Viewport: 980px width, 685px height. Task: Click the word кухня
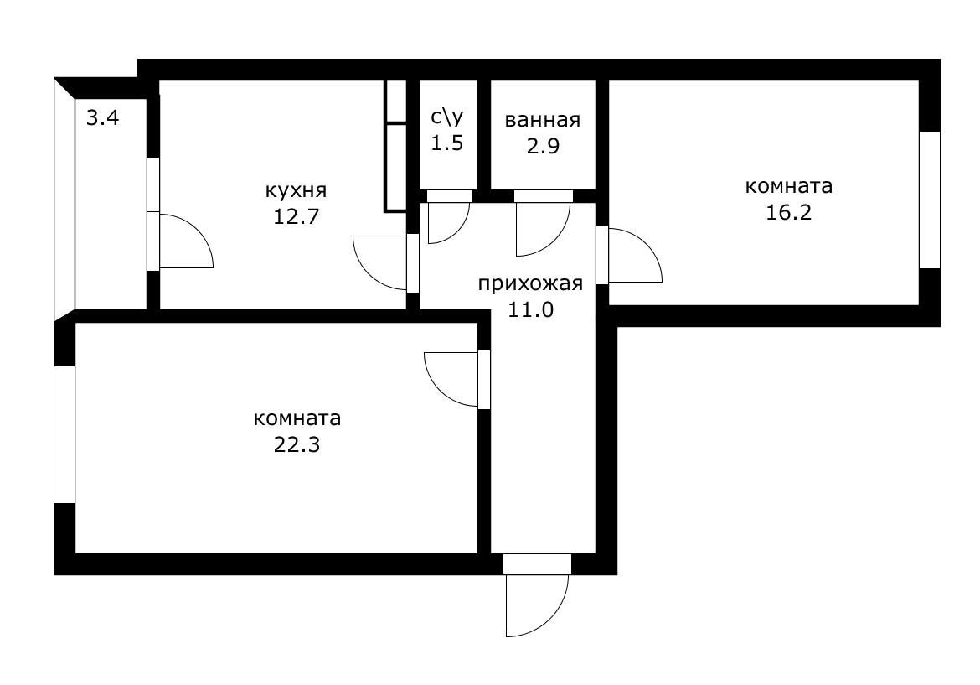click(295, 190)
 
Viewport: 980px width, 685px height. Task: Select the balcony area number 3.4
click(103, 117)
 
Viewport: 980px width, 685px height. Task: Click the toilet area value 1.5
click(446, 143)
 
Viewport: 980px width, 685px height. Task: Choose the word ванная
click(542, 120)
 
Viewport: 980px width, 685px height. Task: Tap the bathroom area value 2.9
click(542, 145)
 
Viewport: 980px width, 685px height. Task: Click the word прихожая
click(530, 283)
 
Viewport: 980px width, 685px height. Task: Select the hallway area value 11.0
click(530, 309)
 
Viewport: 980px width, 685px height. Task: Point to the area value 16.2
click(789, 211)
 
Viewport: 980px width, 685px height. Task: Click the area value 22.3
click(297, 444)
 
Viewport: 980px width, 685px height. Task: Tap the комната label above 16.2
click(789, 185)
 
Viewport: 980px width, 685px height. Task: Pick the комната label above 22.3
click(297, 418)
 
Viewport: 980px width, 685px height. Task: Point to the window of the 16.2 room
click(930, 200)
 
